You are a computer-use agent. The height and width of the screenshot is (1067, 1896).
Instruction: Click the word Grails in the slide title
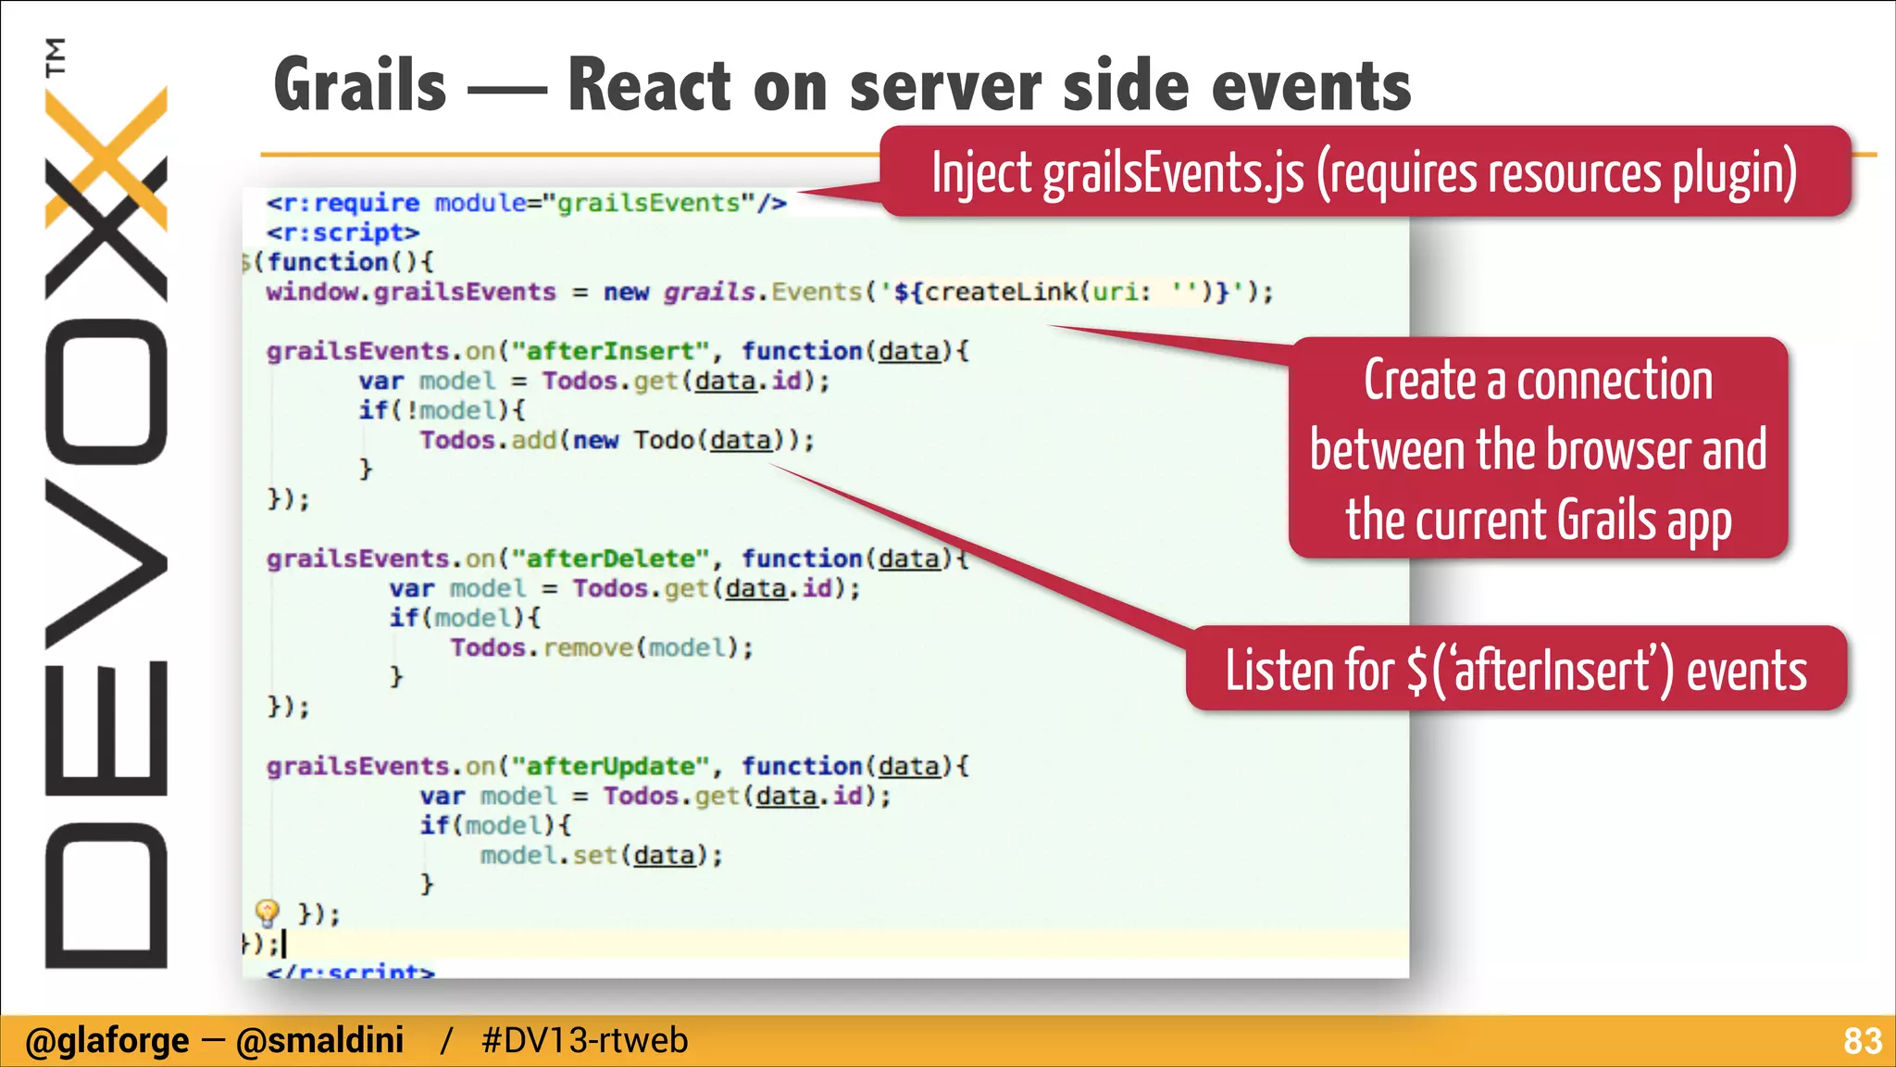(361, 85)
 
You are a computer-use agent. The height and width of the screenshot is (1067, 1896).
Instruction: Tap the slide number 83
(1862, 1041)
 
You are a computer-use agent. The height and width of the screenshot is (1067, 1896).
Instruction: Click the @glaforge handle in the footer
(107, 1041)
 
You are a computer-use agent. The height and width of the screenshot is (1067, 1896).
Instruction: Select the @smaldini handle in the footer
(319, 1041)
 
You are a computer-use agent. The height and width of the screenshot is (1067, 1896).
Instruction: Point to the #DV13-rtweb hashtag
(584, 1041)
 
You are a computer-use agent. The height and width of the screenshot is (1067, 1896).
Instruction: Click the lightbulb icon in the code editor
(267, 913)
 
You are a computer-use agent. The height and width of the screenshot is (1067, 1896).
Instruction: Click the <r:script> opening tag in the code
(343, 232)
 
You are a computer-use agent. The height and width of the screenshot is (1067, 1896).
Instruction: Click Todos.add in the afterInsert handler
(488, 440)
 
